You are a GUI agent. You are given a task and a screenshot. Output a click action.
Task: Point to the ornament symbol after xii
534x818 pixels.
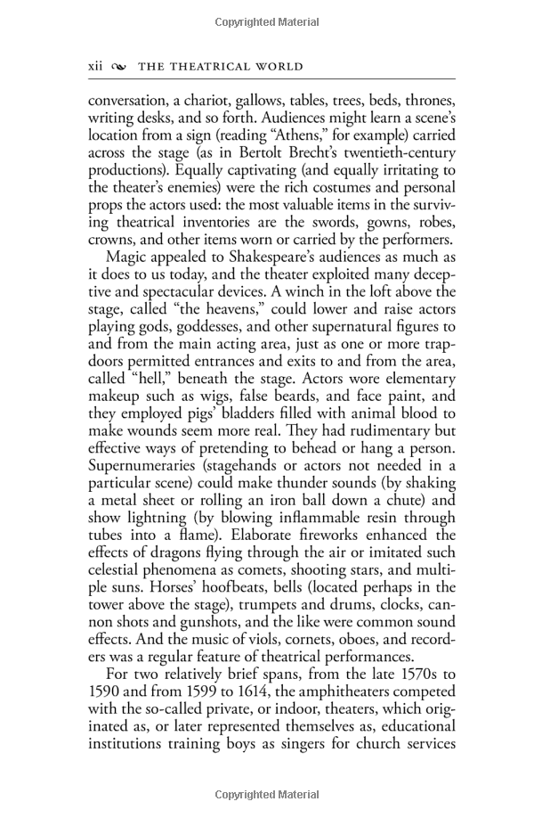(121, 68)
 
